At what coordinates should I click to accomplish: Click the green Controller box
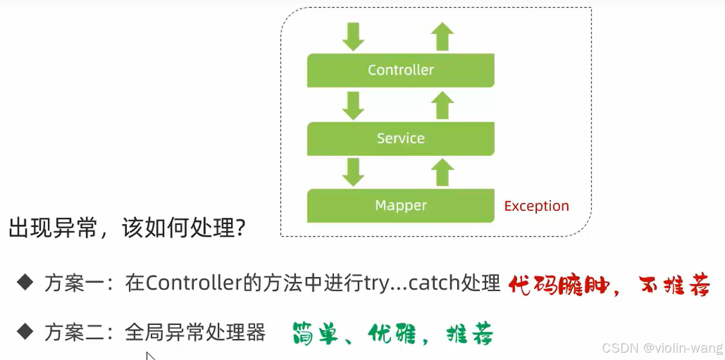point(401,70)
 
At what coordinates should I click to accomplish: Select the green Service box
point(401,139)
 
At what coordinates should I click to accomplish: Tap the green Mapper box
point(401,206)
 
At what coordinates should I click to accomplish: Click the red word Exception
point(536,206)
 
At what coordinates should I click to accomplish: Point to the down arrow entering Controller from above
point(353,36)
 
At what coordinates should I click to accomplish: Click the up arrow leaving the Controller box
point(442,36)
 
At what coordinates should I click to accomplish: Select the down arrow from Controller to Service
point(353,105)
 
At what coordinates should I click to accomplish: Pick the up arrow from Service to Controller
point(442,105)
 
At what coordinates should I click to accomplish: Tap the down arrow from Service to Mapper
point(353,172)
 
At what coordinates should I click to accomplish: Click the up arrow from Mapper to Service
point(442,172)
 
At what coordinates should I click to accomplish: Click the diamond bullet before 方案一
point(25,283)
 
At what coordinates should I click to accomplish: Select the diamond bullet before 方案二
point(25,332)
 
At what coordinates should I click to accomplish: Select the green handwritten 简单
point(315,334)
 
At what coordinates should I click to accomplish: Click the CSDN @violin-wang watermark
point(662,348)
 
